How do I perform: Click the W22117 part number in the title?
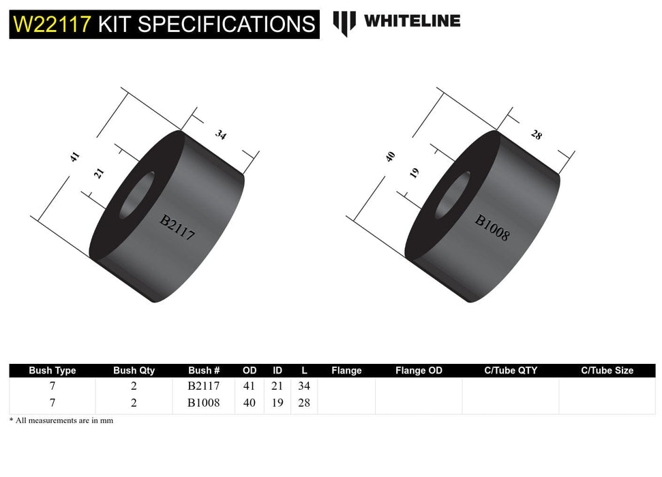coord(52,25)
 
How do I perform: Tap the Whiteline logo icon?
coord(344,23)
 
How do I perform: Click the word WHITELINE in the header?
coord(412,21)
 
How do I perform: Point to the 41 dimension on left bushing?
coord(75,157)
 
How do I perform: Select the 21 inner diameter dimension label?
coord(99,173)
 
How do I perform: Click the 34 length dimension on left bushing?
coord(220,134)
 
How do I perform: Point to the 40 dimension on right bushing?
coord(390,156)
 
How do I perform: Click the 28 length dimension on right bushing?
coord(536,134)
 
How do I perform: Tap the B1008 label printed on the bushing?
coord(492,228)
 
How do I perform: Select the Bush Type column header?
coord(52,371)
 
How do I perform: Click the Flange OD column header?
coord(419,371)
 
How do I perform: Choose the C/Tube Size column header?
coord(607,371)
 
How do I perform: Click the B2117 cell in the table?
coord(204,386)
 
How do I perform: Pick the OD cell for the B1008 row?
coord(250,403)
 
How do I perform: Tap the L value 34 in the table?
coord(304,386)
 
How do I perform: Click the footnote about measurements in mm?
coord(61,420)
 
